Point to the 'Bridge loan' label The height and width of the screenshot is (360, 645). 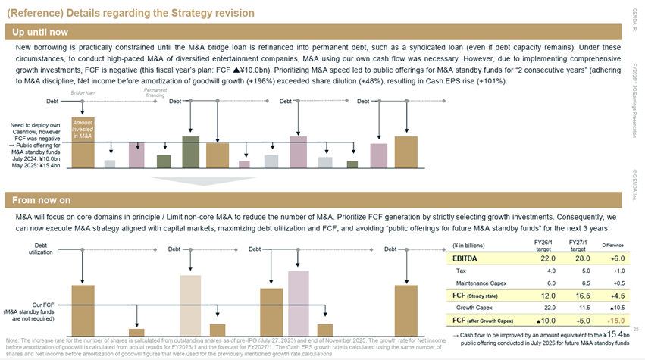tap(83, 92)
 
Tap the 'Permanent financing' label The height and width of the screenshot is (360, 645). tap(155, 92)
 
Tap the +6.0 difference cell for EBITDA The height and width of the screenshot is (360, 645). tap(611, 259)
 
